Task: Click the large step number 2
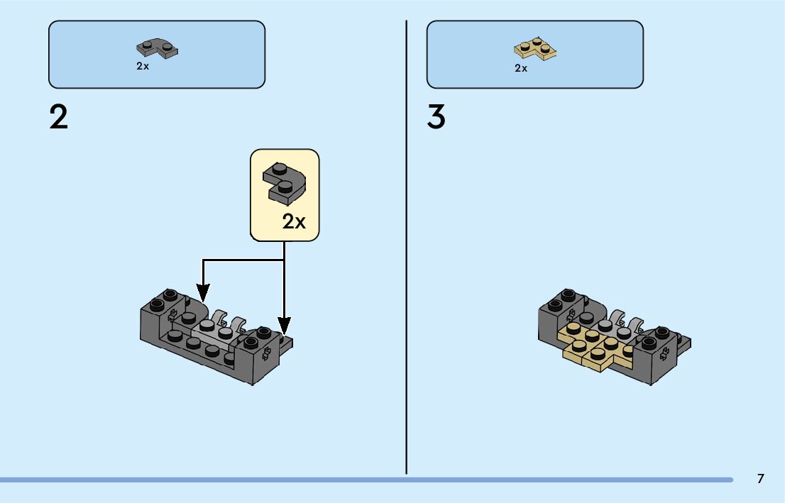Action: click(x=59, y=117)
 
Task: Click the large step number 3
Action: click(x=436, y=117)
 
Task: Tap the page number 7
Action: click(x=760, y=479)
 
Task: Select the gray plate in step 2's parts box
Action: click(x=157, y=48)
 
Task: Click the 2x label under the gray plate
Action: click(x=143, y=66)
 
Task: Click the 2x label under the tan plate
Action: click(x=521, y=68)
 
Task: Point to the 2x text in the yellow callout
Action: click(x=293, y=221)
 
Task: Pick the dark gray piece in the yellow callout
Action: click(x=283, y=182)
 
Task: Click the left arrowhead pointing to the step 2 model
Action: click(x=203, y=292)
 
